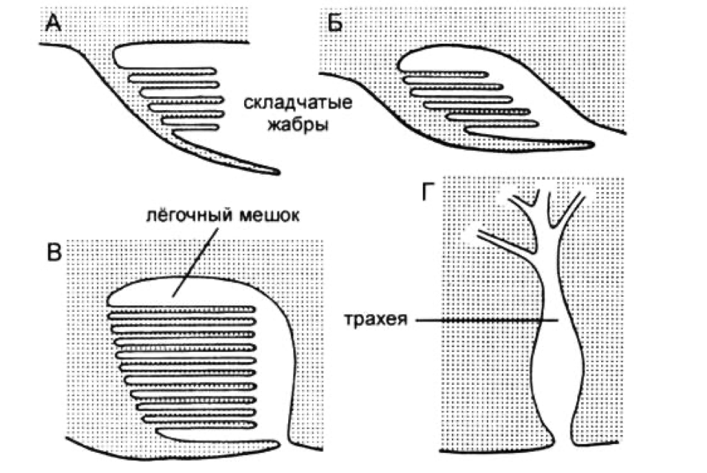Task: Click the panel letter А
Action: click(x=54, y=25)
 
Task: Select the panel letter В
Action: click(x=54, y=253)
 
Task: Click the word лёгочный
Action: click(x=183, y=213)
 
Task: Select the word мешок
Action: click(x=265, y=213)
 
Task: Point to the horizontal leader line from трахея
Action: click(x=481, y=321)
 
